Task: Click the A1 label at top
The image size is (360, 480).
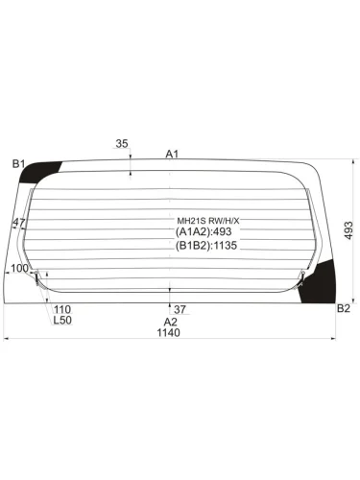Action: tap(172, 154)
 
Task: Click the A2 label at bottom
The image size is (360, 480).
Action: tap(170, 322)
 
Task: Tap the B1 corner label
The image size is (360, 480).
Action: tap(18, 165)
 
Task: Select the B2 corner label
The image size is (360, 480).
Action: tap(343, 308)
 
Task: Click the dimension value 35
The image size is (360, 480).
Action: tap(122, 144)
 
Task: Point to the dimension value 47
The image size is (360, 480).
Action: tap(19, 224)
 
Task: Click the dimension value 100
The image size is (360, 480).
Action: tap(17, 269)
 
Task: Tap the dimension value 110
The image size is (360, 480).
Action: tap(62, 309)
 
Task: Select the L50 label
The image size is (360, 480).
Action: tap(62, 321)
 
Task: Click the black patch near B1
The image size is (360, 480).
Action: tap(41, 174)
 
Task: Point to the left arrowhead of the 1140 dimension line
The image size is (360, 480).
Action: tap(8, 339)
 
